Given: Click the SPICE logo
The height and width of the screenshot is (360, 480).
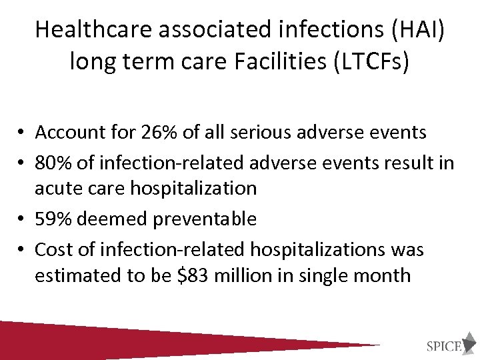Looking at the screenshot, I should pos(449,346).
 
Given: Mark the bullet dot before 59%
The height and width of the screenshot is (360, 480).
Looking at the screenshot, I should pos(22,219).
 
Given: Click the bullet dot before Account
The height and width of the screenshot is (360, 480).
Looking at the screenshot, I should pos(22,133).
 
